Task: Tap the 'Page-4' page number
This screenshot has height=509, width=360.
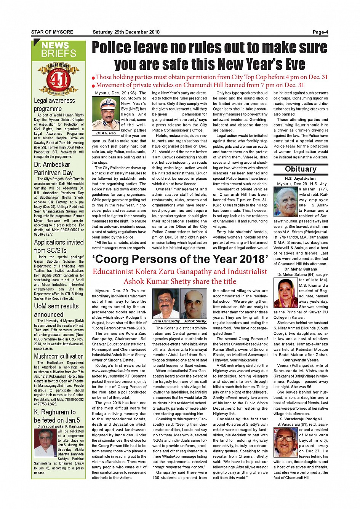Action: [320, 32]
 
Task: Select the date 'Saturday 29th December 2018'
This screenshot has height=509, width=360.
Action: [126, 32]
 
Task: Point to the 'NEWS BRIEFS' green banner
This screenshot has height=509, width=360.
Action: [59, 50]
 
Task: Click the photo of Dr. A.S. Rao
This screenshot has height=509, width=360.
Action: [106, 113]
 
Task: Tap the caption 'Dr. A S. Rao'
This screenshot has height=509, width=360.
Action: [106, 133]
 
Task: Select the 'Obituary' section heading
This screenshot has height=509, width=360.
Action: [301, 169]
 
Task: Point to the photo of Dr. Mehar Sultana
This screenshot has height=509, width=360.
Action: [285, 293]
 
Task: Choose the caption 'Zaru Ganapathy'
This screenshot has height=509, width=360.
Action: [166, 321]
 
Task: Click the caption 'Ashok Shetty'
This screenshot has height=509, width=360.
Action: [195, 321]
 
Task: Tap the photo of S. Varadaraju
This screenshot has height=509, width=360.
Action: [285, 442]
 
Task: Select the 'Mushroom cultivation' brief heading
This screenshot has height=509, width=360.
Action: [59, 356]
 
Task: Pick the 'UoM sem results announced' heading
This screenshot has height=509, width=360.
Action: [56, 310]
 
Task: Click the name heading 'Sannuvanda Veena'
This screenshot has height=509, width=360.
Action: [301, 360]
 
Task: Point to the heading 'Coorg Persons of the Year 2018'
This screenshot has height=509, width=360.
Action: [181, 259]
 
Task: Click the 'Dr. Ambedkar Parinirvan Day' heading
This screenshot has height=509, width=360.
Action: [53, 168]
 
